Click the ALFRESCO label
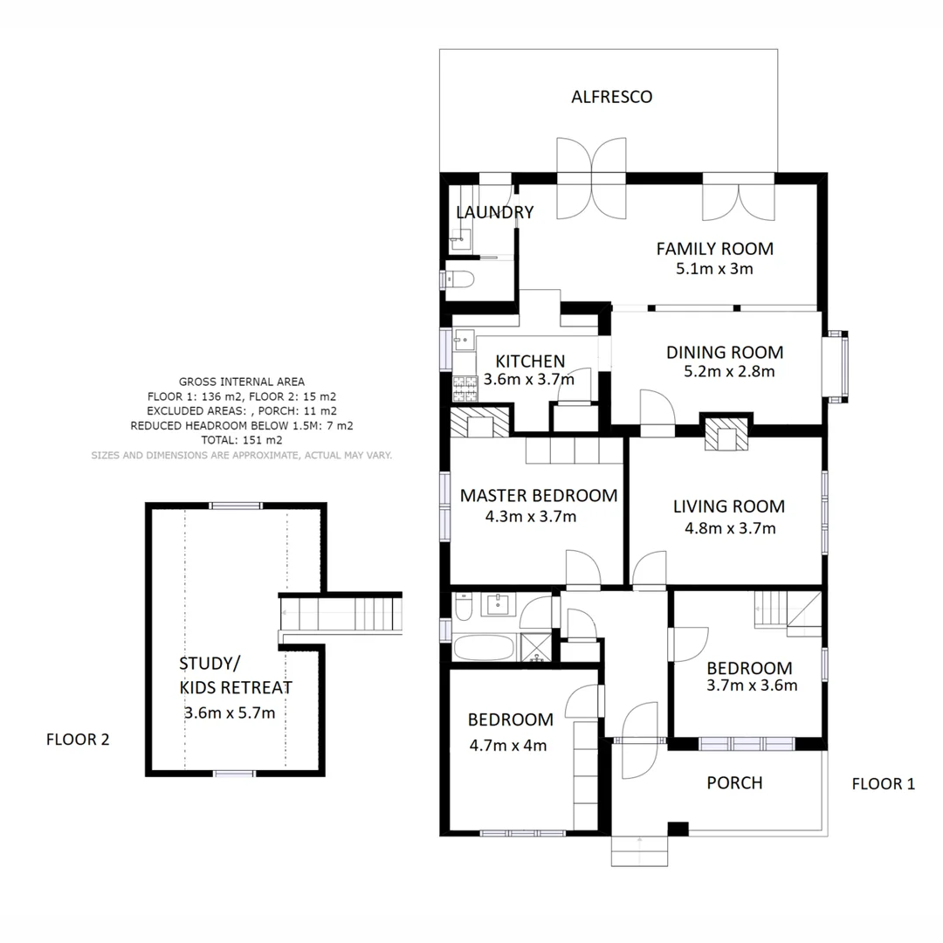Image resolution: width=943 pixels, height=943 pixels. coord(611,97)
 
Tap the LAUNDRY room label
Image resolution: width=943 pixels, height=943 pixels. coord(494,212)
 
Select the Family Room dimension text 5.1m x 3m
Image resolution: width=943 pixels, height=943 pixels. coord(714,269)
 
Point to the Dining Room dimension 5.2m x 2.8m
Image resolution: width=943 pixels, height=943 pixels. coord(729,371)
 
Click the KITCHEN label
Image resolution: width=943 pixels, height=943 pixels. coord(530,361)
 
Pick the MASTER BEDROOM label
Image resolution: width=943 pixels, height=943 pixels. coord(538,496)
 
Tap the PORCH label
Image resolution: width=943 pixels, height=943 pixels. coord(734,782)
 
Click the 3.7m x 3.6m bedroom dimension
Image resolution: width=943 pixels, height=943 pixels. coord(751,685)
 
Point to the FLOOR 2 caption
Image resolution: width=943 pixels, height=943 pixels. coord(78,740)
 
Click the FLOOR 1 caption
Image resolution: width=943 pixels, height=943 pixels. coord(883,784)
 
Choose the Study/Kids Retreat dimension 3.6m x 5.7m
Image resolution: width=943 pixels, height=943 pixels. coord(230,712)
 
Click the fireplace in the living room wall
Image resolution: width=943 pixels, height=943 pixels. coord(726,434)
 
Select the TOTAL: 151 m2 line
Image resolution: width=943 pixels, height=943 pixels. coord(241,440)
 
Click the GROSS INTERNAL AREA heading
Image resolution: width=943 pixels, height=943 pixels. coord(241,382)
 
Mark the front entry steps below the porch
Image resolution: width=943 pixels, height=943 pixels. coord(640,850)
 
